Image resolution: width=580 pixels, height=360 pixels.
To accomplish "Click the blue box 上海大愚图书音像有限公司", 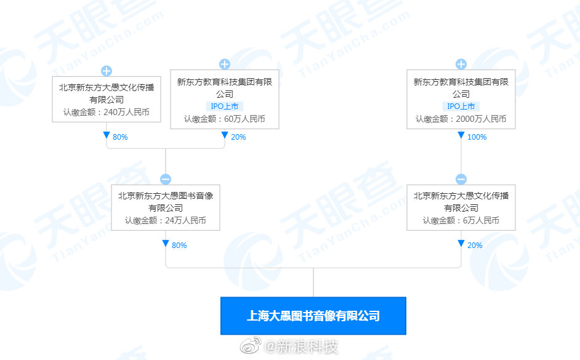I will point(313,316).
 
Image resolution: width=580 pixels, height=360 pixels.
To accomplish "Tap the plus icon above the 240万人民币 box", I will point(107,71).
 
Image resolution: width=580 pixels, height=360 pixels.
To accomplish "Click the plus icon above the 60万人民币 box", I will point(225,64).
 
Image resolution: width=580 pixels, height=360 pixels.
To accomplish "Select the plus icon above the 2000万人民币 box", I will point(461,64).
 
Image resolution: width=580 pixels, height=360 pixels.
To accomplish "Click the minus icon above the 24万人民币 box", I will point(166,179).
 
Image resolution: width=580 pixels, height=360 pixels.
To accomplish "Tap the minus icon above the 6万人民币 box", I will point(461,179).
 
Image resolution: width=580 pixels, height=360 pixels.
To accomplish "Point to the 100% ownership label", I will point(477,137).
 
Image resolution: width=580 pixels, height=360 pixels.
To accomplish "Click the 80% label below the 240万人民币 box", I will point(120,137).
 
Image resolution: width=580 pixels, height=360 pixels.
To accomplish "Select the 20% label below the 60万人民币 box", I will point(238,137).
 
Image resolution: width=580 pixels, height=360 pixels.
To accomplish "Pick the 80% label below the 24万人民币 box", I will point(179,246).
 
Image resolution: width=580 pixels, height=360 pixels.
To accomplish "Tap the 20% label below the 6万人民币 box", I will point(475,246).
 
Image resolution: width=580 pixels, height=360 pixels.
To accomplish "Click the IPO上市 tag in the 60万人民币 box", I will point(225,106).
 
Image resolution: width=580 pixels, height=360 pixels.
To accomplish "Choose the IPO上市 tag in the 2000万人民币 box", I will point(461,106).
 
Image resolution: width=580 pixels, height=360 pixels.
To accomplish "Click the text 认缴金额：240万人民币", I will point(107,113).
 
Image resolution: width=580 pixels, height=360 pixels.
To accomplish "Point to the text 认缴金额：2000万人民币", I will point(461,119).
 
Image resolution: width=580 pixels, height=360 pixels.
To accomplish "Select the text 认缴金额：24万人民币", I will point(166,220).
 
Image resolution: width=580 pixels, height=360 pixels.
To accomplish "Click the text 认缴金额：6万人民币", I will point(461,220).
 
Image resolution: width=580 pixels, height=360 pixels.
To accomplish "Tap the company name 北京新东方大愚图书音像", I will point(166,196).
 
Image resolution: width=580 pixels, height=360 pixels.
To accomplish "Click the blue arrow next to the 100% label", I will point(461,135).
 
